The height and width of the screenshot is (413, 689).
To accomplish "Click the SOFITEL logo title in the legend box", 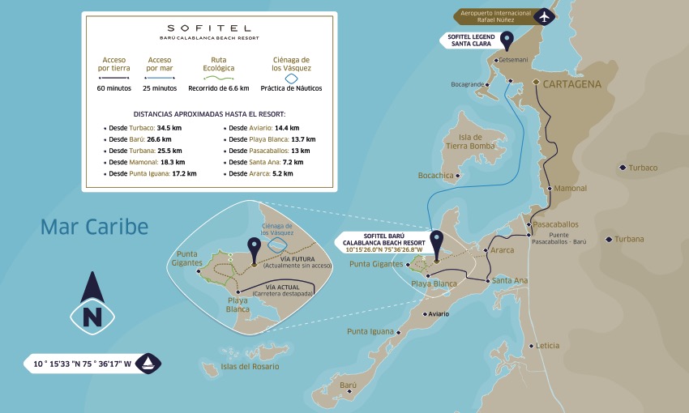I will (210, 27).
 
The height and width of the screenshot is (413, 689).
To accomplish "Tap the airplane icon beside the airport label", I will (544, 16).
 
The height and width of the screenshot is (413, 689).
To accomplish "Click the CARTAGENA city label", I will (577, 83).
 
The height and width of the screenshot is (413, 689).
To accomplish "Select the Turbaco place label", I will (644, 168).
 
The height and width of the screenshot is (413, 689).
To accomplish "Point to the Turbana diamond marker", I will (609, 239).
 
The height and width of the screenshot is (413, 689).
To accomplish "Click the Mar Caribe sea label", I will (95, 227).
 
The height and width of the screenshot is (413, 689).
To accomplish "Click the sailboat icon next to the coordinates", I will (149, 364).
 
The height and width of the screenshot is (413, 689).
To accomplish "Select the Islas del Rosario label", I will (250, 367).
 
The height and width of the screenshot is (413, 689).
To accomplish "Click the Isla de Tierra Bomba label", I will (470, 142).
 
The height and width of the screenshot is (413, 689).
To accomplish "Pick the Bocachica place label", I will (435, 175).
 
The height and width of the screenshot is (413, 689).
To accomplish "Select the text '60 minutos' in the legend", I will (113, 88).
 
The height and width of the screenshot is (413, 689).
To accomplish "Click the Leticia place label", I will (547, 346).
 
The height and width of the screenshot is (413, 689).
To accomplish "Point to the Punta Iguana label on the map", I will (369, 331).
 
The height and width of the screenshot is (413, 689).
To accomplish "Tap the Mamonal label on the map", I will (570, 188).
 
